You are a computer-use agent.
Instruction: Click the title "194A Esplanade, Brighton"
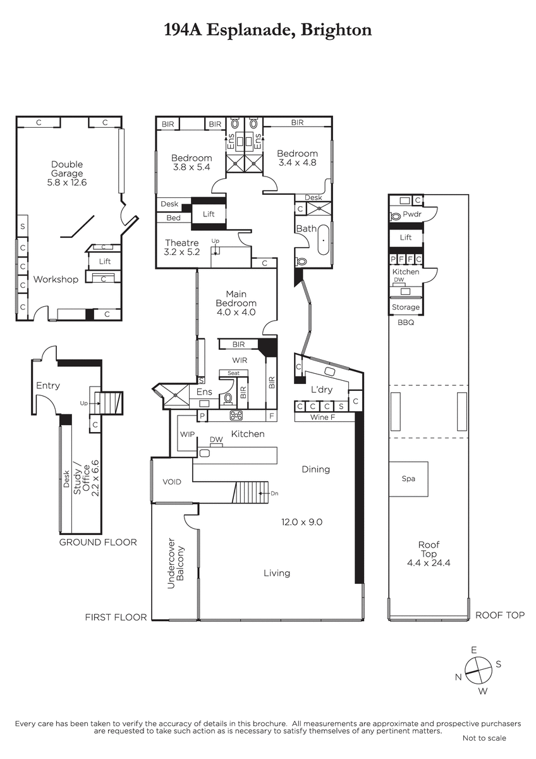268,30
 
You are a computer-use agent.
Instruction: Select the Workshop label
56,279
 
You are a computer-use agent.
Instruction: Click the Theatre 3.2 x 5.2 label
182,247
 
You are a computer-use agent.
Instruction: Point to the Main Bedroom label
236,303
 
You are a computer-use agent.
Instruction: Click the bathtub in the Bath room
324,240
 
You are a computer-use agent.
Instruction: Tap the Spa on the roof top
408,479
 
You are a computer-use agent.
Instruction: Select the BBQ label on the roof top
406,323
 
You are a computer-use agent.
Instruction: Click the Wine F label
323,417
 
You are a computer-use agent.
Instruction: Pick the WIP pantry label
187,435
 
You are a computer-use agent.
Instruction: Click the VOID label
172,482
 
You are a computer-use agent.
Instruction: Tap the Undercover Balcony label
175,563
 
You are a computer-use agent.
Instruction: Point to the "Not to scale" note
484,737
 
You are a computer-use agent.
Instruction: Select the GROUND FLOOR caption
98,542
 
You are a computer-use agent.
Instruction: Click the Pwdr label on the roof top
412,214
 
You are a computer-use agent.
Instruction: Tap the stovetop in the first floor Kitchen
235,416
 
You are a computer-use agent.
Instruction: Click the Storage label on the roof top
406,307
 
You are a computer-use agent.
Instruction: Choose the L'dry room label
322,390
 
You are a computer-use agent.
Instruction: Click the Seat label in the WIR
234,373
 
